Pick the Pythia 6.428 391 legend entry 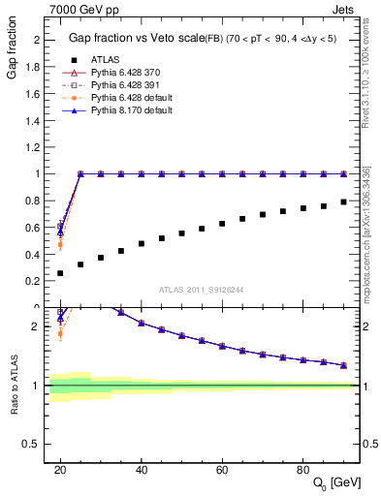point(119,84)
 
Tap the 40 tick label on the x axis point(141,470)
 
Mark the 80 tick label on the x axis point(303,470)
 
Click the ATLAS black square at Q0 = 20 point(60,273)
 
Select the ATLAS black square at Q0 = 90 point(344,201)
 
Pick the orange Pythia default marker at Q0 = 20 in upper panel point(60,244)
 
